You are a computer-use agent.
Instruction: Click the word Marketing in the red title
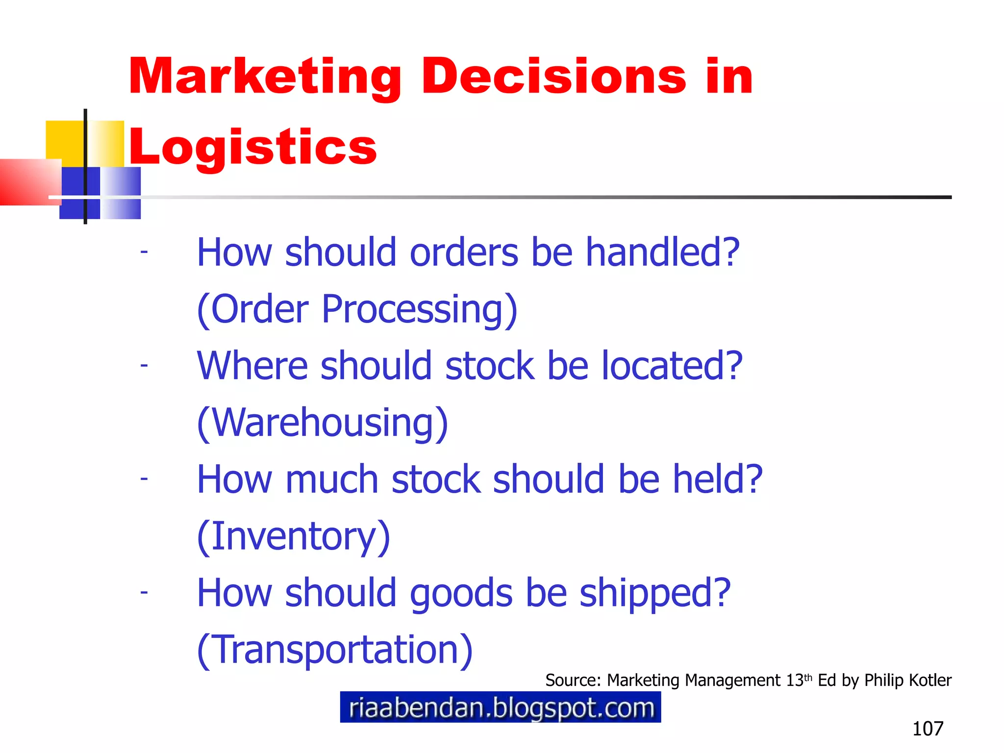[x=265, y=77]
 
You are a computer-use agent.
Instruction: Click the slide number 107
[x=928, y=729]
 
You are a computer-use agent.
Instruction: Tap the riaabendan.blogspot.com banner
[x=501, y=707]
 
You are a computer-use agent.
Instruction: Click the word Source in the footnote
[x=572, y=680]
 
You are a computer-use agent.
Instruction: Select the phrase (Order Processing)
[x=357, y=309]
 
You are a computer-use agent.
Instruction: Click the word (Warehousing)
[x=323, y=423]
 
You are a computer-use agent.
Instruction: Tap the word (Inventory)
[x=293, y=536]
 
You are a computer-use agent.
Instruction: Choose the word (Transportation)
[x=335, y=650]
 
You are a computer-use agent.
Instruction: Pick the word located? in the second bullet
[x=672, y=366]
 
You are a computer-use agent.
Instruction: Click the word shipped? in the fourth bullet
[x=655, y=593]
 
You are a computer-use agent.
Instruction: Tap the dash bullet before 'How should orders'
[x=144, y=252]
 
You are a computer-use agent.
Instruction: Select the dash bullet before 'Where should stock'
[x=144, y=366]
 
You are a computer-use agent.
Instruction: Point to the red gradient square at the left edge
[x=29, y=181]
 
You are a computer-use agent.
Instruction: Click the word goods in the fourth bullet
[x=461, y=594]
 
